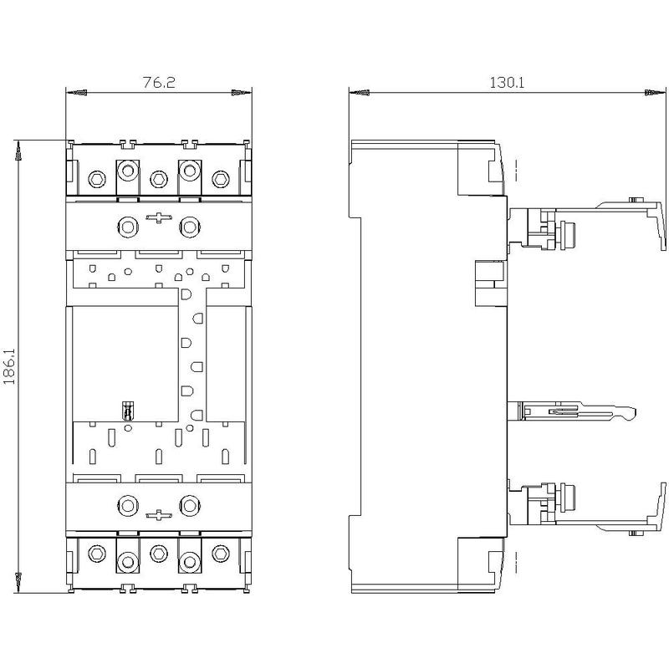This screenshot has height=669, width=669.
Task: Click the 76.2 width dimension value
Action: pos(159,82)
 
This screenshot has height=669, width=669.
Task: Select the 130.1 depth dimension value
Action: pos(507,82)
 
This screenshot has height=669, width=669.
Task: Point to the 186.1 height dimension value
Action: pos(9,366)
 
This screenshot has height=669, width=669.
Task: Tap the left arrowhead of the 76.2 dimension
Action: pos(76,92)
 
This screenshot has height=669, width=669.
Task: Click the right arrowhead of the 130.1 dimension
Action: pos(655,92)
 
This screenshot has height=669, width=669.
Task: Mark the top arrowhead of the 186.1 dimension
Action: pos(18,151)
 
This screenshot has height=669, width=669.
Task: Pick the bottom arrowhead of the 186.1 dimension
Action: pos(18,582)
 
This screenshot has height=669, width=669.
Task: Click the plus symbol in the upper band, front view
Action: pos(159,217)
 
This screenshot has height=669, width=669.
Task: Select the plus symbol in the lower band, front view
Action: pos(159,515)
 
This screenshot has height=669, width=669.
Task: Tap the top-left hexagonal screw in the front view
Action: pos(97,179)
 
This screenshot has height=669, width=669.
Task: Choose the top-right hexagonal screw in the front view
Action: pos(221,179)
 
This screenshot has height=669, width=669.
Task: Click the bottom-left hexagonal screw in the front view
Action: pos(97,554)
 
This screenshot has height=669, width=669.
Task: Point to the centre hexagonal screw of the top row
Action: pos(159,179)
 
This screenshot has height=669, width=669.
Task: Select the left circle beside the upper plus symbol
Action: pos(128,227)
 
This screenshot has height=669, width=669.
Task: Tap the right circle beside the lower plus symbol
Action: pos(190,506)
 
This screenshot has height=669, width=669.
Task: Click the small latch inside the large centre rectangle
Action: pos(127,411)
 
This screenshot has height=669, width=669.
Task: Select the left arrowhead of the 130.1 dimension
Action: pos(360,92)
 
